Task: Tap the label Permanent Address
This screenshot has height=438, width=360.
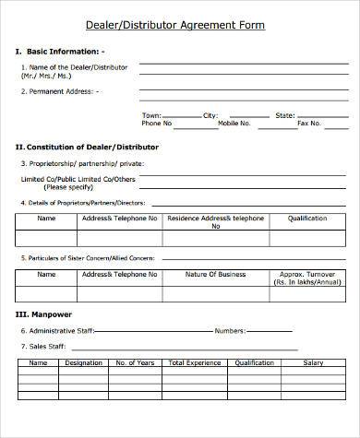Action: pyautogui.click(x=64, y=91)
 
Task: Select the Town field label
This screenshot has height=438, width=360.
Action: pyautogui.click(x=150, y=115)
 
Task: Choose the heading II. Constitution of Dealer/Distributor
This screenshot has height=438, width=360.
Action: pyautogui.click(x=87, y=147)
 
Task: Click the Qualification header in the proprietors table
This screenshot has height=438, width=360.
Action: pyautogui.click(x=307, y=219)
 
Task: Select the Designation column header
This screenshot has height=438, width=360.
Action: pyautogui.click(x=84, y=363)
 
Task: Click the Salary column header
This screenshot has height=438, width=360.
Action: pyautogui.click(x=313, y=363)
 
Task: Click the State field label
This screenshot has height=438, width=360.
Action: pyautogui.click(x=285, y=115)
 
